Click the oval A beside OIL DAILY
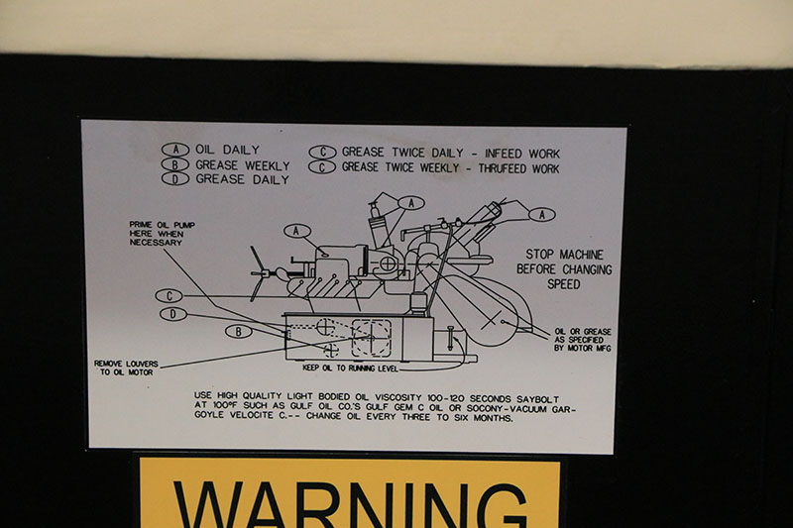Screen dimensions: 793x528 point(175,150)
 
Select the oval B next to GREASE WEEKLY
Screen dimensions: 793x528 point(175,164)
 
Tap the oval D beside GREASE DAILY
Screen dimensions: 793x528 point(175,179)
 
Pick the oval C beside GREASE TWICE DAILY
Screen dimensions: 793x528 point(322,153)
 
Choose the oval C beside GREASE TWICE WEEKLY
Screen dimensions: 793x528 point(322,166)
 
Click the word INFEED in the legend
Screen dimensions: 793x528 point(503,154)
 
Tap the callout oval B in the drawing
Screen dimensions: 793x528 point(239,332)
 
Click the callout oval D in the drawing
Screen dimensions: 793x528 point(172,314)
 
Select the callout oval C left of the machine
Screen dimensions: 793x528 point(170,296)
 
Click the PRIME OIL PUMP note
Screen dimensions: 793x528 point(162,234)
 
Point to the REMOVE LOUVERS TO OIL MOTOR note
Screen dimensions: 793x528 point(127,368)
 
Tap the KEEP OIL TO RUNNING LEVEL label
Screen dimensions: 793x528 point(351,369)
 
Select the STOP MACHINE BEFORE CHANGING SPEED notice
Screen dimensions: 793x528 point(564,269)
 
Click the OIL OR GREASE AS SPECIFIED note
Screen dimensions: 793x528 point(583,340)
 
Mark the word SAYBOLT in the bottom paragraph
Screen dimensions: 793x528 point(537,399)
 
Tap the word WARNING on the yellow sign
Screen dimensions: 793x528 point(351,505)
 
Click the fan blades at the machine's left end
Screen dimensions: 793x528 point(260,273)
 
